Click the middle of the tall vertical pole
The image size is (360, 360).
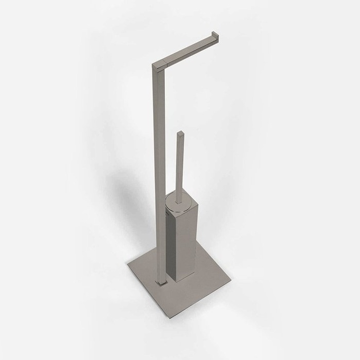pyautogui.click(x=157, y=171)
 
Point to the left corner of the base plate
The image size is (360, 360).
pyautogui.click(x=128, y=267)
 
